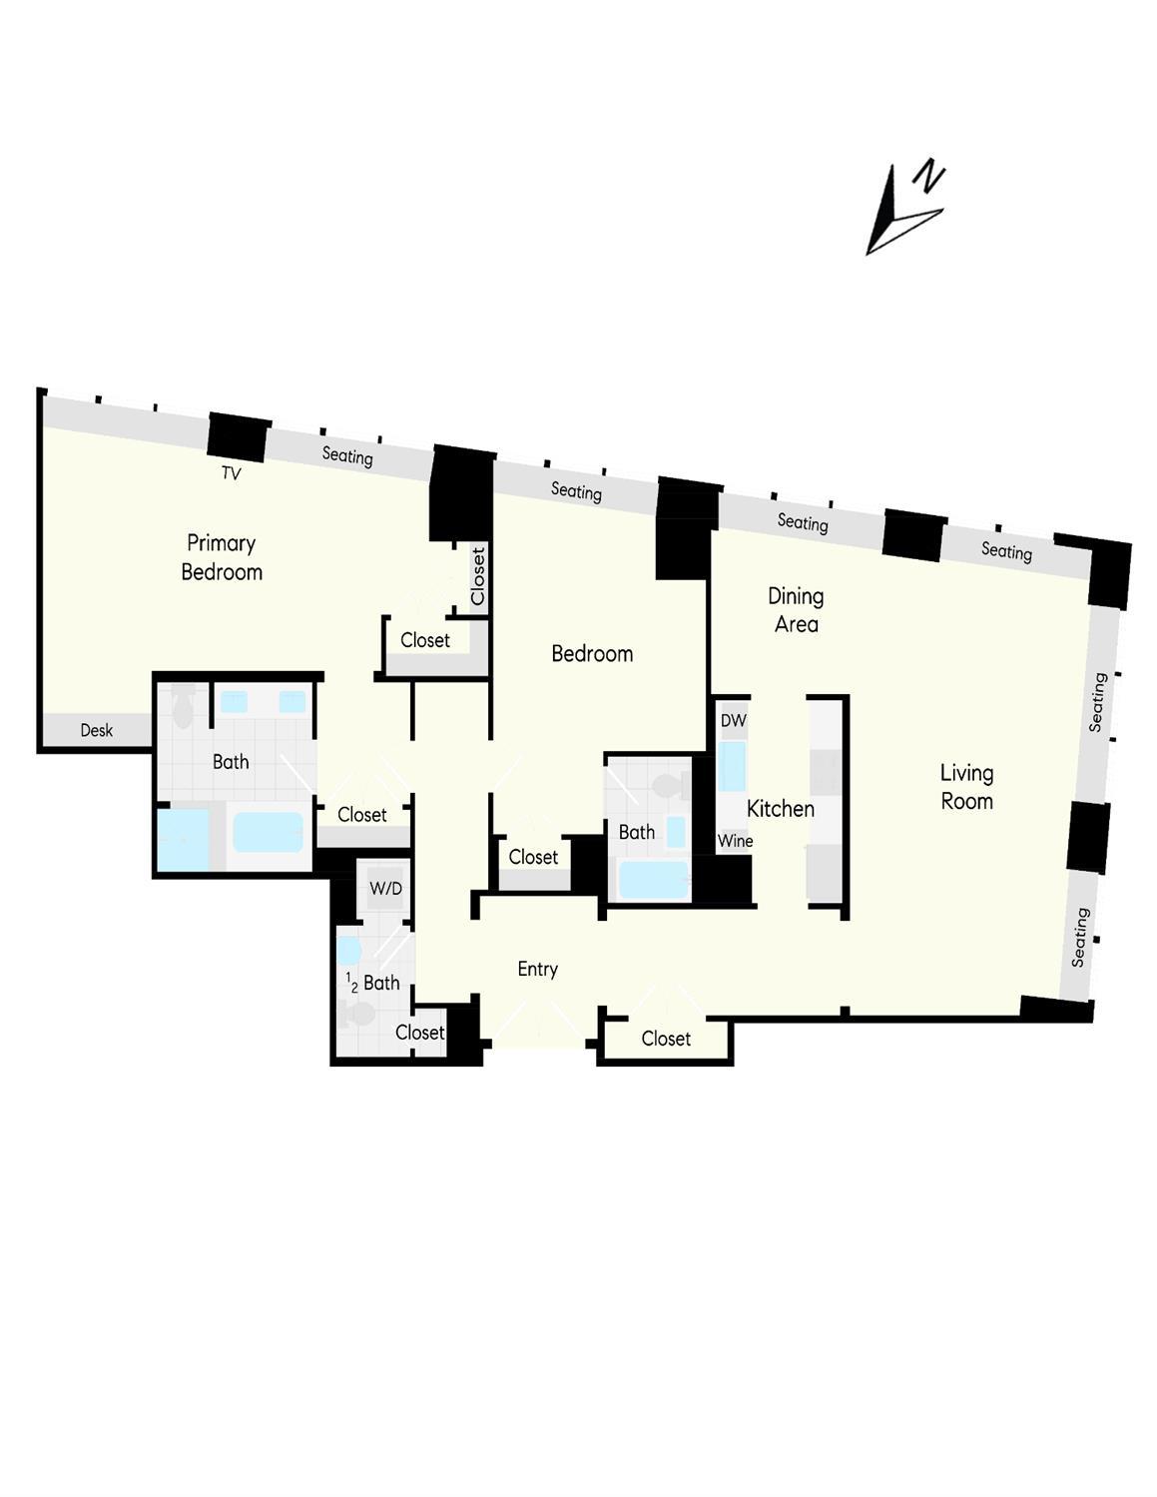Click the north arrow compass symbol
point(903,210)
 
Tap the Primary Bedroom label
point(222,557)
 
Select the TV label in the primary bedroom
point(231,473)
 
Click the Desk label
point(97,730)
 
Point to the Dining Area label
point(796,610)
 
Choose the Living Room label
point(966,787)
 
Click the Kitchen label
point(781,809)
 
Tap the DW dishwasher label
point(734,720)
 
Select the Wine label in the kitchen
point(735,841)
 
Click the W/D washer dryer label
point(385,888)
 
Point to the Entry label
point(537,969)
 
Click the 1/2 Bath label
point(373,983)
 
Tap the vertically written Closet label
point(478,576)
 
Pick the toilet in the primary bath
point(183,708)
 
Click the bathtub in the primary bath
point(268,832)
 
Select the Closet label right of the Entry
point(666,1039)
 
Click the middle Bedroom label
point(592,653)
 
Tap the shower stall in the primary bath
point(184,840)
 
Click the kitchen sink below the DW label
point(732,767)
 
